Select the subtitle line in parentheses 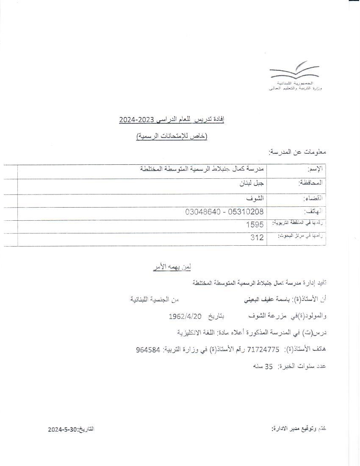[x=172, y=136]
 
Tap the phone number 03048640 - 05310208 [x=224, y=211]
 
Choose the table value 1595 [x=255, y=225]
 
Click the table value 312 [x=257, y=238]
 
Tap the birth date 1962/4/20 [x=186, y=316]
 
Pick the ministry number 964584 [x=148, y=349]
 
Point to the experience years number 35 [x=269, y=366]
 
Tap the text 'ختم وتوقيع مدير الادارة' [x=299, y=429]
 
